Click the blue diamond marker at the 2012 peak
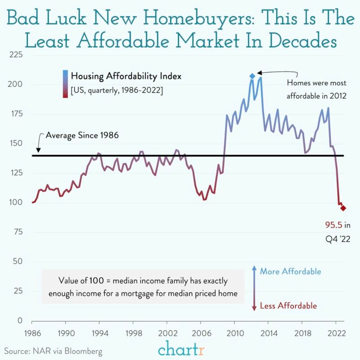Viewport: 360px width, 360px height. coord(252,76)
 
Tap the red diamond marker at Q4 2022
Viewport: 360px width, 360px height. coord(343,208)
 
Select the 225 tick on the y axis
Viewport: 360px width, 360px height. coord(17,55)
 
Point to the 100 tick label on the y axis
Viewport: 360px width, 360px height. coord(17,202)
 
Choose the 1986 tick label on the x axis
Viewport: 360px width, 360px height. coord(32,335)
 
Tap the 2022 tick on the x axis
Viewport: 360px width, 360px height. coord(335,335)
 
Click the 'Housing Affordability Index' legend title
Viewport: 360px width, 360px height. coord(126,76)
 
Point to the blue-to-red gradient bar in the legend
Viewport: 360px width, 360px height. coord(65,83)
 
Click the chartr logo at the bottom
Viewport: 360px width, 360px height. coord(180,349)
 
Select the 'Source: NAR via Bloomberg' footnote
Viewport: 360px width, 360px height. coord(53,351)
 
